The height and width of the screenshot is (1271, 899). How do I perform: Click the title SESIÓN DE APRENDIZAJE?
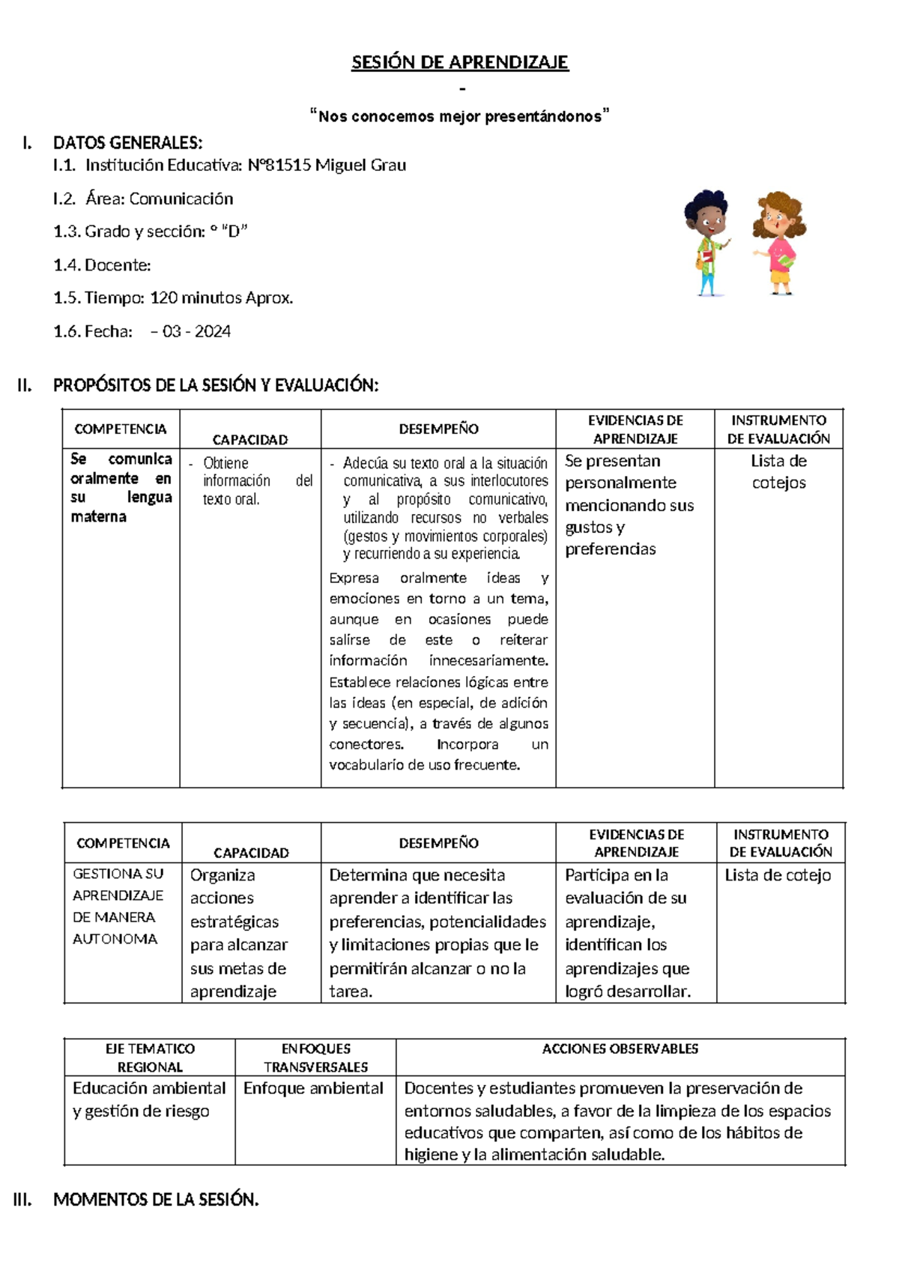(460, 62)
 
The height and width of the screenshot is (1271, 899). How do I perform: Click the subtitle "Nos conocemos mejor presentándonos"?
(460, 116)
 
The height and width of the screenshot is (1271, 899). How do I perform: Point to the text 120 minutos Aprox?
(222, 298)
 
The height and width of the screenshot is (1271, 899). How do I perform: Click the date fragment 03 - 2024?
(196, 331)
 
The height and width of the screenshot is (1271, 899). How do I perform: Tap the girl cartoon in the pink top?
(780, 241)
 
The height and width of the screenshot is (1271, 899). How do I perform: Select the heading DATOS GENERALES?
(127, 142)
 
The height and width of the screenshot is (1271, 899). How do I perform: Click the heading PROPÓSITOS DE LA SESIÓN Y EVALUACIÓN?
(216, 385)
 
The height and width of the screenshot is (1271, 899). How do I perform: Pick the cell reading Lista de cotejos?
(779, 472)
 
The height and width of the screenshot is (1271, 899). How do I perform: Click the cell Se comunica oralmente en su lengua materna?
(121, 488)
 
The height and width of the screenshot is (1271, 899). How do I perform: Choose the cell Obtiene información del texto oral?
(250, 481)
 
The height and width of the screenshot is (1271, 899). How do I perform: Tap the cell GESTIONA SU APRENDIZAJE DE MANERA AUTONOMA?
(118, 906)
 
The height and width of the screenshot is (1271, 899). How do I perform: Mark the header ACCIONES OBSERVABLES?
(620, 1049)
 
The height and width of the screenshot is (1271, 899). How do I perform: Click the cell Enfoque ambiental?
(313, 1088)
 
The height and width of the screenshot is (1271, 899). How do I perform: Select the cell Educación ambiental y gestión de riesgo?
(149, 1099)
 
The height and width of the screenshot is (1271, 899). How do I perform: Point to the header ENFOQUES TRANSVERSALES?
(315, 1057)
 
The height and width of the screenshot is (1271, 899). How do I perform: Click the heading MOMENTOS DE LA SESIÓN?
(156, 1200)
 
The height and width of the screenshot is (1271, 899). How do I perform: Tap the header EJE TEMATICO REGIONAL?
(150, 1057)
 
